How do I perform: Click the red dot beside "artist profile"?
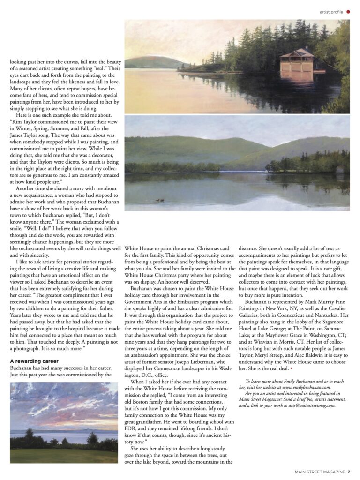tap(348, 12)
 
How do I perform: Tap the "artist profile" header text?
tap(331, 12)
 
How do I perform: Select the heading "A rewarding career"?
tap(34, 361)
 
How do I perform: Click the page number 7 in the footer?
tap(349, 472)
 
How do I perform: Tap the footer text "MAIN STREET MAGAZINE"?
tap(320, 472)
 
